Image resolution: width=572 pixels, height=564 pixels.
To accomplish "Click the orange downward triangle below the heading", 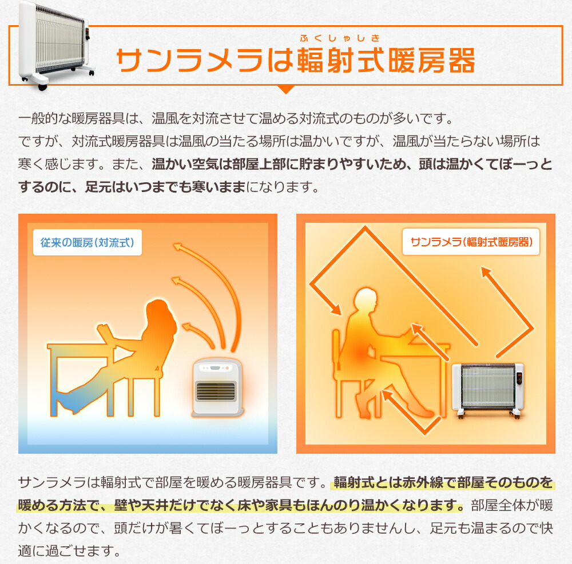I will [x=285, y=89].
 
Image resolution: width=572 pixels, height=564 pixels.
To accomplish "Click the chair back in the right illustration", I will [x=337, y=354].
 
